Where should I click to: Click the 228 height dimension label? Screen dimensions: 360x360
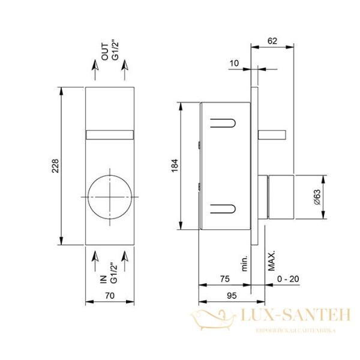(55, 166)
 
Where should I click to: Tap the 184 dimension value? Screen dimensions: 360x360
(175, 166)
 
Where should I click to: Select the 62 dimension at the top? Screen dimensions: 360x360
(272, 41)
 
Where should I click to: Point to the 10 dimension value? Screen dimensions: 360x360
(234, 63)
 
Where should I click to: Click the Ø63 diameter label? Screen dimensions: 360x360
(317, 197)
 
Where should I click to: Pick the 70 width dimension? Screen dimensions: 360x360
(110, 295)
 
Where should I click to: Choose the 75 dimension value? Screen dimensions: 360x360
(225, 279)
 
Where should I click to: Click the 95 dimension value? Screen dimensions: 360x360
(232, 295)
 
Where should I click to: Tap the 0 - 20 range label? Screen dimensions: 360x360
(288, 279)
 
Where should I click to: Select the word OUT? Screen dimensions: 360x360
(104, 52)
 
